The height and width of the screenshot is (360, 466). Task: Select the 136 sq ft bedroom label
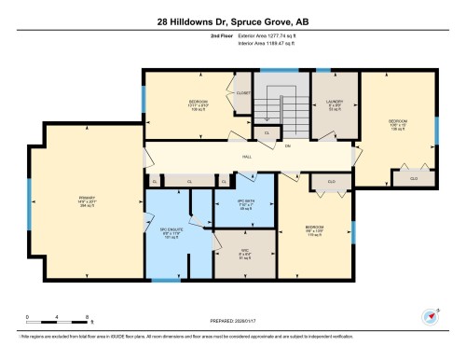coord(198,104)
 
